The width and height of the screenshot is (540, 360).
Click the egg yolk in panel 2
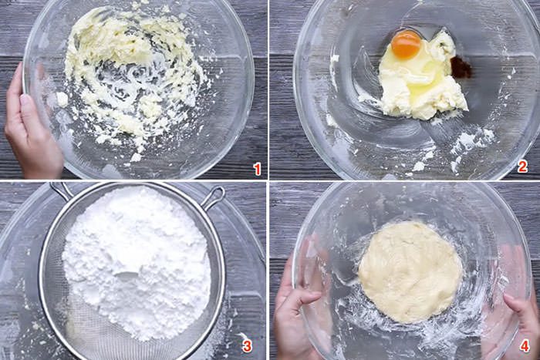pos(406,45)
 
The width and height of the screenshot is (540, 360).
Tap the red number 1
pos(257,169)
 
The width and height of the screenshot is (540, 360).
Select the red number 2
pos(522,167)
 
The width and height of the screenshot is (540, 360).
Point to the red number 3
pos(247,346)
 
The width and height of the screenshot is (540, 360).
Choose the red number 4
pos(525,346)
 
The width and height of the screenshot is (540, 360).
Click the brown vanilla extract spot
pos(460,67)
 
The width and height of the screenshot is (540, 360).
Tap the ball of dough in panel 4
pos(410,272)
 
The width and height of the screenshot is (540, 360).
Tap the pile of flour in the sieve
pos(137,261)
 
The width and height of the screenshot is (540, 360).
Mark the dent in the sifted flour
pos(127,275)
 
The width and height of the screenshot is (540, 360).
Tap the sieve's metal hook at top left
pos(59,190)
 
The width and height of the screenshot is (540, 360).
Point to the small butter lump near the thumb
pos(62,99)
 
